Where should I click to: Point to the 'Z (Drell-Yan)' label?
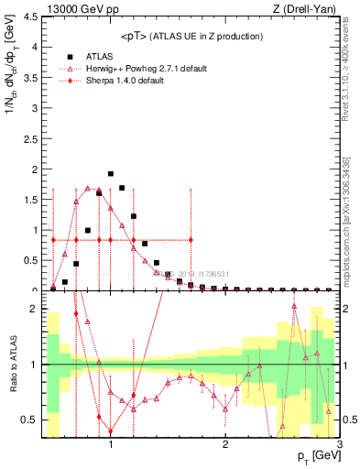309,8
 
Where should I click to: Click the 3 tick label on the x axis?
339,445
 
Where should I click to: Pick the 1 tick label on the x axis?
111,445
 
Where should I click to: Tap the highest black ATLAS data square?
111,173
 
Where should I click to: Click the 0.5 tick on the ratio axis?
29,420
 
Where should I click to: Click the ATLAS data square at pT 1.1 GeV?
122,188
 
